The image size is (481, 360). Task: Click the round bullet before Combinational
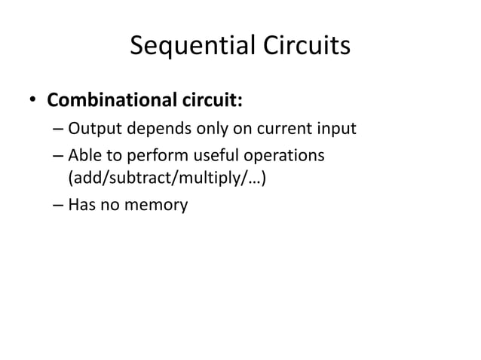(x=33, y=100)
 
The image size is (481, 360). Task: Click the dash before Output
(x=58, y=130)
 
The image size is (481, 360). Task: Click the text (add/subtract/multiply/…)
(x=166, y=180)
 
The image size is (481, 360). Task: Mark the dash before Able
(x=58, y=157)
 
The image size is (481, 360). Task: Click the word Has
(x=81, y=203)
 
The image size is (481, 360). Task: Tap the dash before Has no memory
(x=58, y=203)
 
